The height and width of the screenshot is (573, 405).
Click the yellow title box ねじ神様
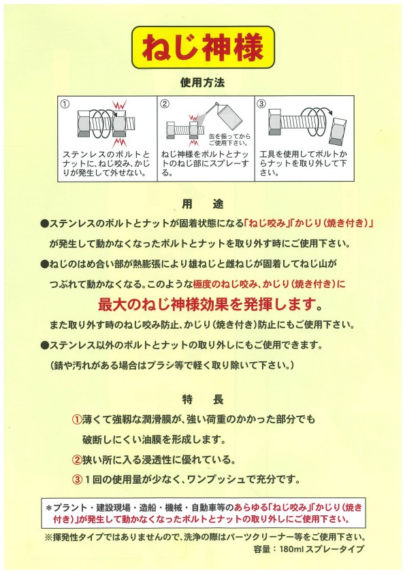[x=203, y=47]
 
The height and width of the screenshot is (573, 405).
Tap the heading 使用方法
[x=203, y=82]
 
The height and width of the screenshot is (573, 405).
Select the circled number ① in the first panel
[x=65, y=104]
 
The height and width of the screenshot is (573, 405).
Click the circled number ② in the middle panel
[x=165, y=104]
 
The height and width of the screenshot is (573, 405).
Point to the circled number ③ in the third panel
[x=261, y=104]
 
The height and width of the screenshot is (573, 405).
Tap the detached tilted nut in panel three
[x=337, y=131]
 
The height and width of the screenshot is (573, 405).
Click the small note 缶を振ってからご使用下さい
[x=229, y=140]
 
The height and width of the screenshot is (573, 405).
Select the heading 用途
[x=203, y=204]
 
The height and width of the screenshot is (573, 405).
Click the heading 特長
[x=203, y=399]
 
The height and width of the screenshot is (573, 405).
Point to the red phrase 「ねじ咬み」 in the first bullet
[x=265, y=223]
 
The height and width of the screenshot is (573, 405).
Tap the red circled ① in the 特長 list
[x=77, y=419]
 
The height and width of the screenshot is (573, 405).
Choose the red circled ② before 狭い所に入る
[x=77, y=460]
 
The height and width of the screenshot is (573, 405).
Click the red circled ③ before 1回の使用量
[x=77, y=480]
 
